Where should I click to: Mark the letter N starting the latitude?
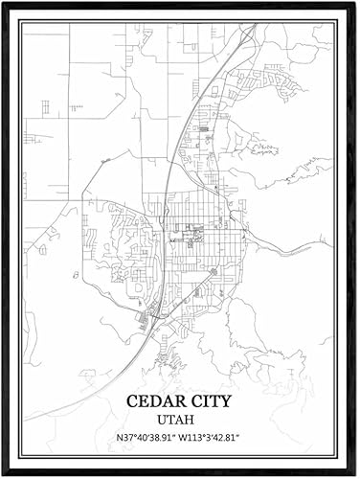tap(120, 439)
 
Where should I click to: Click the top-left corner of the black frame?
tap(4, 4)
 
